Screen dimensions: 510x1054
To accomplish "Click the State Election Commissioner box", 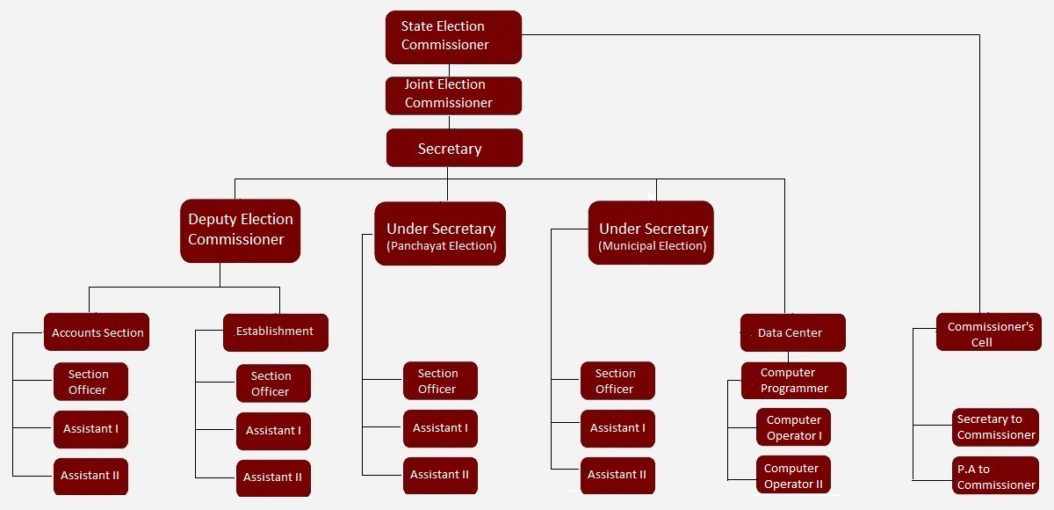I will click(453, 37).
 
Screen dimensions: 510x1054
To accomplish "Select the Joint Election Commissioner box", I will click(453, 95).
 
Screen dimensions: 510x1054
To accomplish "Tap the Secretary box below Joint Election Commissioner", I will click(454, 148).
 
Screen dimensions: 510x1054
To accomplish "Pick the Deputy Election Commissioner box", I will click(240, 231).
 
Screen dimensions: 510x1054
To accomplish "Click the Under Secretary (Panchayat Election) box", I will click(441, 233).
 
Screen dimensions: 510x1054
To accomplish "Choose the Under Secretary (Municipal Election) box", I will click(651, 233).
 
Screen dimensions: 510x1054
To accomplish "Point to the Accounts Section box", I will click(97, 332).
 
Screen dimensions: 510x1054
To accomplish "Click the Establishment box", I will click(275, 332).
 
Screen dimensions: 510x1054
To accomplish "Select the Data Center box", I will click(792, 332).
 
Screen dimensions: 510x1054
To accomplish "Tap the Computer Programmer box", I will click(793, 381).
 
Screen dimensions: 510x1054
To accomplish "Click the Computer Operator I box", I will click(793, 427).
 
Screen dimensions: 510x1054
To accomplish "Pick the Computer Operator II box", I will click(793, 476).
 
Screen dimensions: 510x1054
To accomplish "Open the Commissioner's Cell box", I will click(988, 332).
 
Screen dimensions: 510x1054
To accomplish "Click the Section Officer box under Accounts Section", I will click(90, 382).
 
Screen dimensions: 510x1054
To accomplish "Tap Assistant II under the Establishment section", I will click(273, 477).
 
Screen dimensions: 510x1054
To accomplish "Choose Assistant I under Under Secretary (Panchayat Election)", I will click(440, 428).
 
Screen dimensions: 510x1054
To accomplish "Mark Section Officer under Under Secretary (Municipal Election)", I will click(617, 381).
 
